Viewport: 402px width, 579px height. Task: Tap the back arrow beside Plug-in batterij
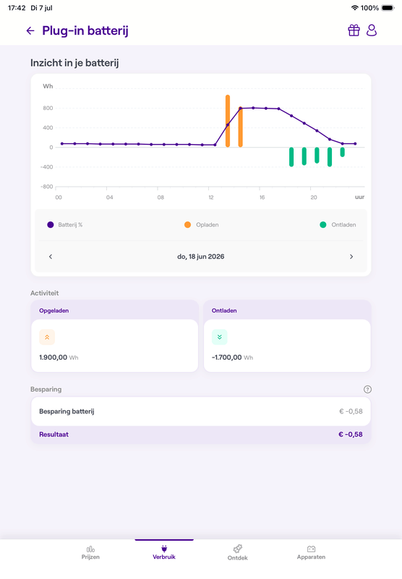30,30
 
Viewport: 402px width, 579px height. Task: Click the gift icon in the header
354,30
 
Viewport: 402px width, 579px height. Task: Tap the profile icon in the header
372,30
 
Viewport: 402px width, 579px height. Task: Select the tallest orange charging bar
228,121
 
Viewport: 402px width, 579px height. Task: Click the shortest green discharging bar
342,152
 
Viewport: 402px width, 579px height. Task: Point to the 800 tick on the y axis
48,108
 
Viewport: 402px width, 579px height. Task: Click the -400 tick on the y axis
47,167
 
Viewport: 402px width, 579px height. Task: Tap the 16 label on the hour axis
262,197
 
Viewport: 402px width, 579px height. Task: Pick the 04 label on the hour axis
109,197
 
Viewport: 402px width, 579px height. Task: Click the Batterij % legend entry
65,224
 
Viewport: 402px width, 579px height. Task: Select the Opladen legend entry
202,224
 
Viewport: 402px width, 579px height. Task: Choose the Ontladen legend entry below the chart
338,224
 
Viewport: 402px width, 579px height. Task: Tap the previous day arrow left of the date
51,257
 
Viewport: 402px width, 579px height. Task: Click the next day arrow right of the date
351,257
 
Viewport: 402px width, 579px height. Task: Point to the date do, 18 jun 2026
200,257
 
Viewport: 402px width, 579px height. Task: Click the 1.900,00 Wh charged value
59,358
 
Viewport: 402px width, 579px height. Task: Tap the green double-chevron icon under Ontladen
220,337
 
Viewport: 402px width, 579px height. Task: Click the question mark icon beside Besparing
367,389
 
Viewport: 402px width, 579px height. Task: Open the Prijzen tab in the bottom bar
90,553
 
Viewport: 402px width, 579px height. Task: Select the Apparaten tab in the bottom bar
311,553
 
